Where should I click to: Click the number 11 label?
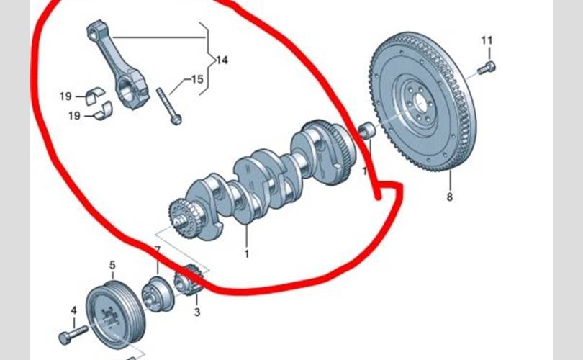[487, 40]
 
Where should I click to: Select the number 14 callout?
[221, 61]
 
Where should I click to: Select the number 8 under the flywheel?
[449, 197]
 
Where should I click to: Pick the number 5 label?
[112, 265]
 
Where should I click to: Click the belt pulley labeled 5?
[111, 314]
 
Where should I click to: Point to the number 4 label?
[73, 310]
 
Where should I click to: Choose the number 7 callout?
[158, 250]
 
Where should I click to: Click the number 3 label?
[196, 312]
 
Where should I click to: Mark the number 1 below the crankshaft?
[246, 253]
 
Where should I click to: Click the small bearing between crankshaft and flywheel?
[366, 132]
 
